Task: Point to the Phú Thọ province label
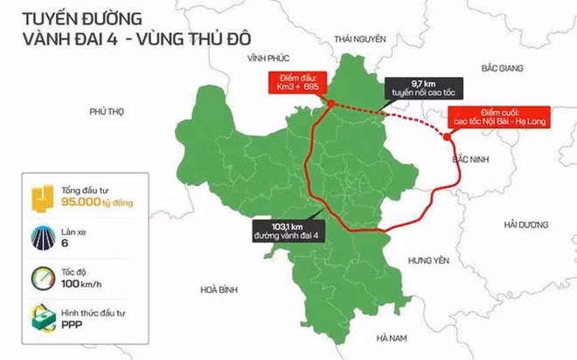[x=109, y=112]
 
